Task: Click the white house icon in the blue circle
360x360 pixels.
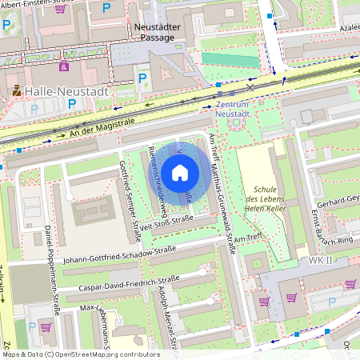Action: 180,172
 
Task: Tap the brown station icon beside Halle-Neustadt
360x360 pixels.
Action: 16,92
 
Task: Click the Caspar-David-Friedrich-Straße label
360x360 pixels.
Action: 128,282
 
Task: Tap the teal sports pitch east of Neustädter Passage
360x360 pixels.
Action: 231,59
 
